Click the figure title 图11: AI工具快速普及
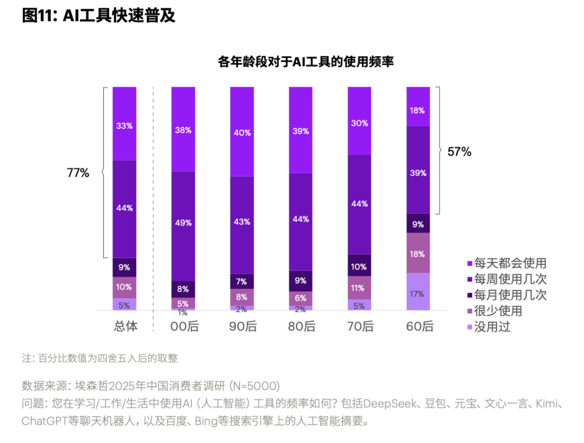[x=98, y=16]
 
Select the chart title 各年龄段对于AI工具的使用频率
[x=306, y=62]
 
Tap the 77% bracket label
[x=78, y=173]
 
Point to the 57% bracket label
[x=459, y=152]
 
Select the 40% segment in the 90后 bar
[x=242, y=131]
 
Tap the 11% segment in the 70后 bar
[x=359, y=288]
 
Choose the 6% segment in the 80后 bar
[x=300, y=298]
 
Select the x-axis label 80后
[x=301, y=327]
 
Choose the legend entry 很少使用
[x=498, y=311]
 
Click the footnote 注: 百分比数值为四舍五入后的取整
[x=99, y=358]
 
